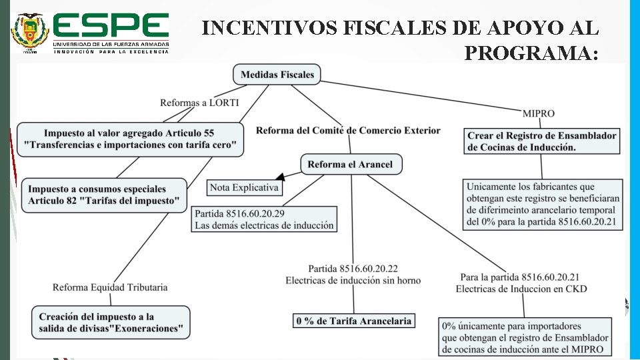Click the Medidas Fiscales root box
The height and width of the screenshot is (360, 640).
click(277, 74)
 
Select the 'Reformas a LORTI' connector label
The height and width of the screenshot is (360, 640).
click(199, 102)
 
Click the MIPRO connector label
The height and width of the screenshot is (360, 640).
click(539, 113)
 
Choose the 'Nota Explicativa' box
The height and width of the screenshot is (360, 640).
click(244, 187)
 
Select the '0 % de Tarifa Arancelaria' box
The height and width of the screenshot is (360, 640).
click(353, 321)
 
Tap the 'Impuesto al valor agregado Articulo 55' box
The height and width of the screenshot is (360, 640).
click(129, 139)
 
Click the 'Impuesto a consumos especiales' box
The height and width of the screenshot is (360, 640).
click(103, 195)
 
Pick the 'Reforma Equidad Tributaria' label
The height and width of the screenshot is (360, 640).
click(110, 287)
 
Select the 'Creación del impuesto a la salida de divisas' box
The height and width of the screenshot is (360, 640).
click(111, 322)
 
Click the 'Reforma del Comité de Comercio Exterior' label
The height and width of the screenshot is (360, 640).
click(348, 130)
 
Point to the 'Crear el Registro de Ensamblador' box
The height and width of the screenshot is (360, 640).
click(542, 141)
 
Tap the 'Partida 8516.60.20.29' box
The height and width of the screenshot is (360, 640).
click(264, 219)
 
